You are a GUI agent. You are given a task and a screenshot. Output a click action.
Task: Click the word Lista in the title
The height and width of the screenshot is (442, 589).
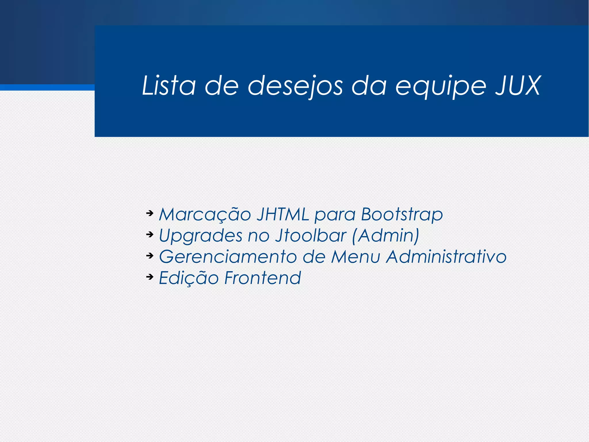pos(169,86)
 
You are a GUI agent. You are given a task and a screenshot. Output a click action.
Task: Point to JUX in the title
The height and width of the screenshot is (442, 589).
pos(518,86)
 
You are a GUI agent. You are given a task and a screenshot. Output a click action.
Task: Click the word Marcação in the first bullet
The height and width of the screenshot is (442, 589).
pos(205,215)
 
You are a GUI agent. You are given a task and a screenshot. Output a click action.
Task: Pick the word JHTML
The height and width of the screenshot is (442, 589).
pos(283,214)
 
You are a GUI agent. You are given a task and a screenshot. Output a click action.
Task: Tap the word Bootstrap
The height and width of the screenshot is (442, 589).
pos(402,215)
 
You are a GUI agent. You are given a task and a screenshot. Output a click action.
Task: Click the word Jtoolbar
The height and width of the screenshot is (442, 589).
pos(311,235)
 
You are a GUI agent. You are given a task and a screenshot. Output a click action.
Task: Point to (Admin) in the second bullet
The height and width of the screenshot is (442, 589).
pos(386,236)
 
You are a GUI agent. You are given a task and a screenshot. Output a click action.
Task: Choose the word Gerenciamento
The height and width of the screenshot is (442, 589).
pos(228,257)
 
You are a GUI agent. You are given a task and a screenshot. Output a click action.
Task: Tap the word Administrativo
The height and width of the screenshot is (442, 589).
pos(446,256)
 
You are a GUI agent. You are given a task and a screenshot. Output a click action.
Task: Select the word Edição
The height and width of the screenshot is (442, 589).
pos(189,278)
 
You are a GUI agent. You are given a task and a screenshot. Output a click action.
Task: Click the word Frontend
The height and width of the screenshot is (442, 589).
pos(263,278)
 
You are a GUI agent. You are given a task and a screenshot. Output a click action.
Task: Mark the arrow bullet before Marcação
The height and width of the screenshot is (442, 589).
pos(150,213)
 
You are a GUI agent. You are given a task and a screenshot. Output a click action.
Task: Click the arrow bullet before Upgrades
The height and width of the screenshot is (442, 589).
pos(150,235)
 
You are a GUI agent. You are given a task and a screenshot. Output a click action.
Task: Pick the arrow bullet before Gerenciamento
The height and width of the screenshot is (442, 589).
pos(150,256)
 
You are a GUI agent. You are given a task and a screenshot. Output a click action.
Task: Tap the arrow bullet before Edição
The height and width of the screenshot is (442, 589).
pos(150,277)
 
